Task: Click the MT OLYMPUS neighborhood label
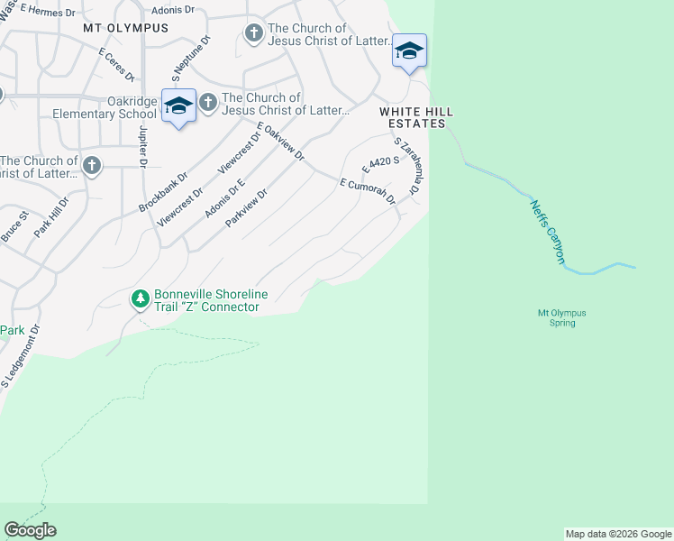(x=125, y=28)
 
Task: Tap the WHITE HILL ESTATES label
(x=413, y=116)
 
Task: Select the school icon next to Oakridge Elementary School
(x=178, y=105)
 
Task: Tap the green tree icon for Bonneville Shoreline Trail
(x=140, y=298)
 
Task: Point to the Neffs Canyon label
(x=546, y=232)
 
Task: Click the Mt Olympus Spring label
(x=561, y=317)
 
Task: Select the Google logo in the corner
(x=30, y=530)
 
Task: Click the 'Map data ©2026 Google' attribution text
(x=618, y=534)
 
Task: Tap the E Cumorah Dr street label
(x=367, y=191)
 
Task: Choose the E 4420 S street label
(x=379, y=163)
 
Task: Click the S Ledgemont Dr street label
(x=19, y=357)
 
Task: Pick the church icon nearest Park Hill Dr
(x=92, y=165)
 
